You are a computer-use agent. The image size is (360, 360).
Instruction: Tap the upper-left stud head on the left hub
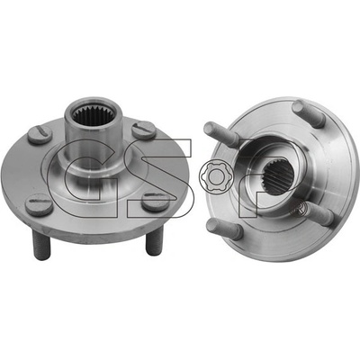(40, 134)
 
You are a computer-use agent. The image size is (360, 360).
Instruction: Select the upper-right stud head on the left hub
(144, 130)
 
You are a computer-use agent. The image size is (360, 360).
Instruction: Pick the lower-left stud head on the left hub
(39, 205)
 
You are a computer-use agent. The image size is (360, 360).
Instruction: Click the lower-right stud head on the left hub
(156, 202)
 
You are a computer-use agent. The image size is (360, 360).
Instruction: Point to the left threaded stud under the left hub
(42, 245)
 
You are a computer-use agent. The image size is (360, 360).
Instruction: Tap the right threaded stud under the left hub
(155, 240)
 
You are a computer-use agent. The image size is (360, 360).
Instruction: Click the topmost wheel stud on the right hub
(309, 113)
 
